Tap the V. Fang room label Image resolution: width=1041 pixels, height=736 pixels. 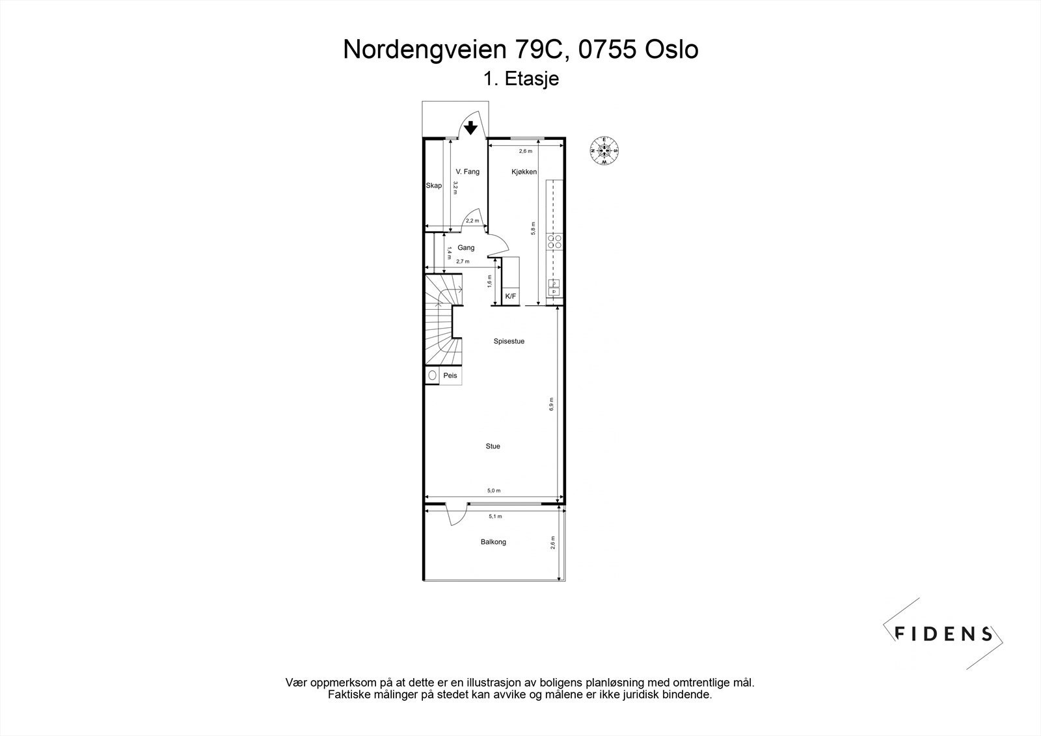(x=467, y=172)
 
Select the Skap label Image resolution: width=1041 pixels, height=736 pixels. (x=433, y=185)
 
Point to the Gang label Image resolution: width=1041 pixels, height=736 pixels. (x=466, y=247)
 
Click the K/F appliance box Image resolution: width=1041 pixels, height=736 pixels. (x=511, y=297)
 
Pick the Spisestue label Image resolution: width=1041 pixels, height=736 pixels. (x=509, y=341)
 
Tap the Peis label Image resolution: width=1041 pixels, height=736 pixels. (x=450, y=375)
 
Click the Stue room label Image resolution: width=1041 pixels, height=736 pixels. (x=493, y=446)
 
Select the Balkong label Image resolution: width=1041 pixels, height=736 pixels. (x=493, y=541)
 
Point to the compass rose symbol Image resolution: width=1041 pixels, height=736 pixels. (x=604, y=150)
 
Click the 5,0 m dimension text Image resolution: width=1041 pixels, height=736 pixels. (x=494, y=491)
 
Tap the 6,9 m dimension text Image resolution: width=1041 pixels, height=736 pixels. (x=551, y=403)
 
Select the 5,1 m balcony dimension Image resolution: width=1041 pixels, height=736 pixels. (x=495, y=517)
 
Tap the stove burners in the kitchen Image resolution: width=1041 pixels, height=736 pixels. (x=555, y=241)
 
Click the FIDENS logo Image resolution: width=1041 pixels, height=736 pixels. (x=943, y=633)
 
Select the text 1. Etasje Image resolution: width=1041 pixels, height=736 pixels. (x=521, y=79)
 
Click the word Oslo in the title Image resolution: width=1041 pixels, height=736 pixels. (x=671, y=50)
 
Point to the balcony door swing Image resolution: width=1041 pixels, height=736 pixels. (x=455, y=515)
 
